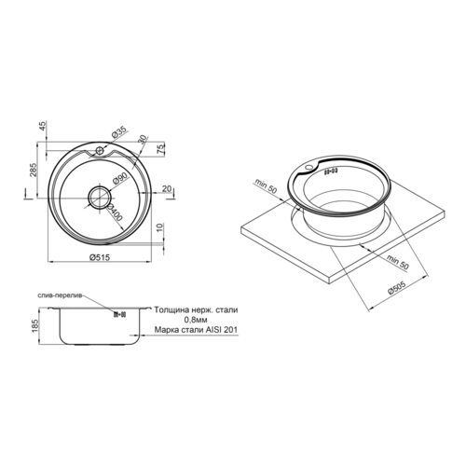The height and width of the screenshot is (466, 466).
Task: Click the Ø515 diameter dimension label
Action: pyautogui.click(x=99, y=257)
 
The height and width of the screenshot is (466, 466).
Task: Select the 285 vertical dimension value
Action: pyautogui.click(x=34, y=170)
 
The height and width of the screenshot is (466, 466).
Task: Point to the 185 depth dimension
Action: pyautogui.click(x=34, y=326)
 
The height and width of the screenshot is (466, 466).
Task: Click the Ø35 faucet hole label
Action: pyautogui.click(x=119, y=133)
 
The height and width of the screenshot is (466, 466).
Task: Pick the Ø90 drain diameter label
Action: pyautogui.click(x=119, y=179)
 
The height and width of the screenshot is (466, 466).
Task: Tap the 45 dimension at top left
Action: pyautogui.click(x=43, y=126)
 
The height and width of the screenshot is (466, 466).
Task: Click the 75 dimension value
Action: pyautogui.click(x=160, y=150)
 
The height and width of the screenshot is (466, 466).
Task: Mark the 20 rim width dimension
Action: pyautogui.click(x=167, y=188)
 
